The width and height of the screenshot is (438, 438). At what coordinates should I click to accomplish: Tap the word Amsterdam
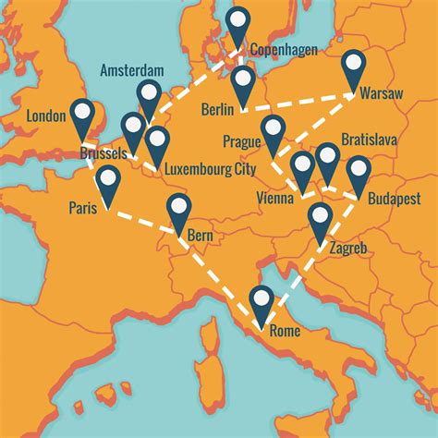click(x=133, y=71)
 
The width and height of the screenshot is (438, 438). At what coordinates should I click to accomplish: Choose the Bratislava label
click(x=369, y=140)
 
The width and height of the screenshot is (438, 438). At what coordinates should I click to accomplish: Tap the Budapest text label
click(x=392, y=199)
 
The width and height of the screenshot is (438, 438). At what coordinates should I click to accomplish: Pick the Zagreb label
click(x=347, y=249)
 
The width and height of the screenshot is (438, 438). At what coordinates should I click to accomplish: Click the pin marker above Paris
click(x=109, y=182)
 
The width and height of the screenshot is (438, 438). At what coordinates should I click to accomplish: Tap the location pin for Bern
click(x=177, y=212)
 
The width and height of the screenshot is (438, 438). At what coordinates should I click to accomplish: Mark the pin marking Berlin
click(x=242, y=83)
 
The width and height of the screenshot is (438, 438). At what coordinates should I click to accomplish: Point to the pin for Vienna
click(x=302, y=168)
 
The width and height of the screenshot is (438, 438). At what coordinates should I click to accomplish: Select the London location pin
click(x=84, y=114)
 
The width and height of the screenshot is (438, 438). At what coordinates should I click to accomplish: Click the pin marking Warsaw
click(x=354, y=67)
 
